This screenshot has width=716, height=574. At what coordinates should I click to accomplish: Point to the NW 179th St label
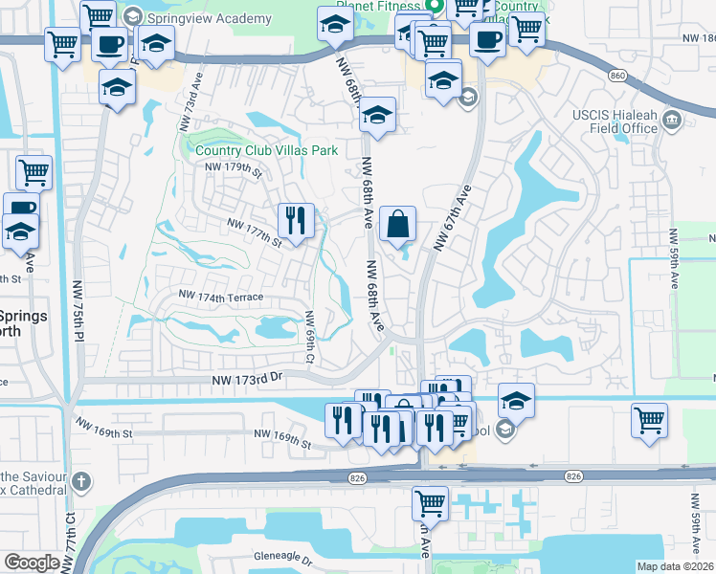point(233,168)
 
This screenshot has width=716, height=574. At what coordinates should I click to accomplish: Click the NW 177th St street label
point(254,230)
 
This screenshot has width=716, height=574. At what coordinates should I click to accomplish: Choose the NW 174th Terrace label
point(221,298)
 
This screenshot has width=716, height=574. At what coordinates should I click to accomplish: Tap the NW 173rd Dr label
point(253,380)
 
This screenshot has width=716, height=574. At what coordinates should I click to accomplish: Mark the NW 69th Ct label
point(309,337)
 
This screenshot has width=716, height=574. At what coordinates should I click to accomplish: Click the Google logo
point(32,563)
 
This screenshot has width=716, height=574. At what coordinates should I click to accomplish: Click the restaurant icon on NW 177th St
point(296,221)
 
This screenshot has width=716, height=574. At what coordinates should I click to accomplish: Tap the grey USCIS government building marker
point(671,120)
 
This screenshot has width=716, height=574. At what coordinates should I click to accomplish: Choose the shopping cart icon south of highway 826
point(430,501)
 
